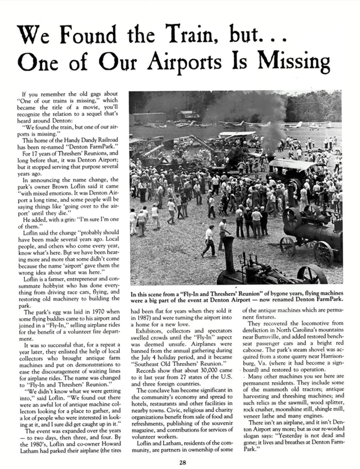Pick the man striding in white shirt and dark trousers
coord(209,240)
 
